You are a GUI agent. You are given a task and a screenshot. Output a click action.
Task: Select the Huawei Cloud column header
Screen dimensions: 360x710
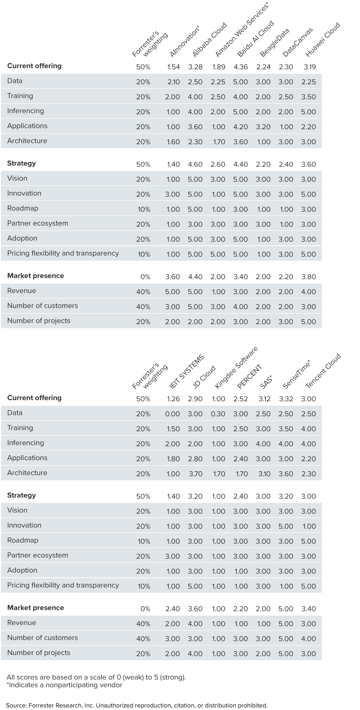(323, 39)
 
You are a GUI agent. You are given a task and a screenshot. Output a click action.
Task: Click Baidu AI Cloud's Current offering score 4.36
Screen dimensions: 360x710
(241, 67)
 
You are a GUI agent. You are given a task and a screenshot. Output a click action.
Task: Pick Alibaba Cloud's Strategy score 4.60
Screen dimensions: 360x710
(195, 164)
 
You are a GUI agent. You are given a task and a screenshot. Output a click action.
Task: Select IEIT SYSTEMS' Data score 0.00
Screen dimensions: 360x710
(172, 414)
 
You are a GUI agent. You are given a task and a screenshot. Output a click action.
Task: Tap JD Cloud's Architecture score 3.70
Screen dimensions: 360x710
(195, 474)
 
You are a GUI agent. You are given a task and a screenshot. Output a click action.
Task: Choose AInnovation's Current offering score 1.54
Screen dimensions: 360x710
(173, 67)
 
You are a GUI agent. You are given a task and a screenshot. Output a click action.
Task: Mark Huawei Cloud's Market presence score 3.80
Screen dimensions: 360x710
(308, 277)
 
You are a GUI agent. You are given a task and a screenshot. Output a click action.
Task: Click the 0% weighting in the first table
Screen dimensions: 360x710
(145, 277)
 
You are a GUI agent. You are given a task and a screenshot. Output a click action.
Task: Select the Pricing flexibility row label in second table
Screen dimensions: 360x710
(63, 585)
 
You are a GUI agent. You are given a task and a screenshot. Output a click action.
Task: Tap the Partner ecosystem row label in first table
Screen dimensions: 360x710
(37, 223)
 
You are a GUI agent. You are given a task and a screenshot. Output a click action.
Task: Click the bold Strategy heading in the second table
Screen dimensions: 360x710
(21, 495)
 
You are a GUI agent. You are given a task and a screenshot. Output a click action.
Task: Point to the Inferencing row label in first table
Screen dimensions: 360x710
(25, 111)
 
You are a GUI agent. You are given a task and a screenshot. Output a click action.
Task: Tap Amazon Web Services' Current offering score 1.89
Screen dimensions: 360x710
(218, 67)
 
